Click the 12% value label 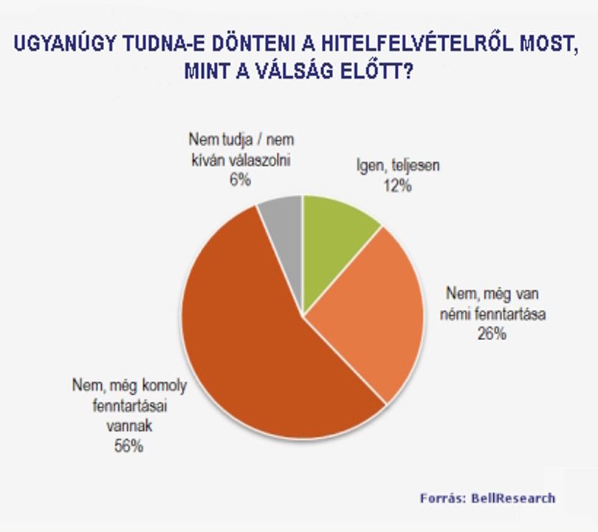pyautogui.click(x=398, y=186)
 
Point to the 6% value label pyautogui.click(x=240, y=179)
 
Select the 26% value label pyautogui.click(x=492, y=334)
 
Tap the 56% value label pyautogui.click(x=129, y=446)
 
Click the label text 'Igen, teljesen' pyautogui.click(x=398, y=165)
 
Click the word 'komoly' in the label pyautogui.click(x=165, y=386)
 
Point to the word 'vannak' pyautogui.click(x=129, y=426)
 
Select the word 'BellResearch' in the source pyautogui.click(x=513, y=498)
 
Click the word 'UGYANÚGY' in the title pyautogui.click(x=64, y=44)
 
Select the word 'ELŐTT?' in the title pyautogui.click(x=377, y=71)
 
